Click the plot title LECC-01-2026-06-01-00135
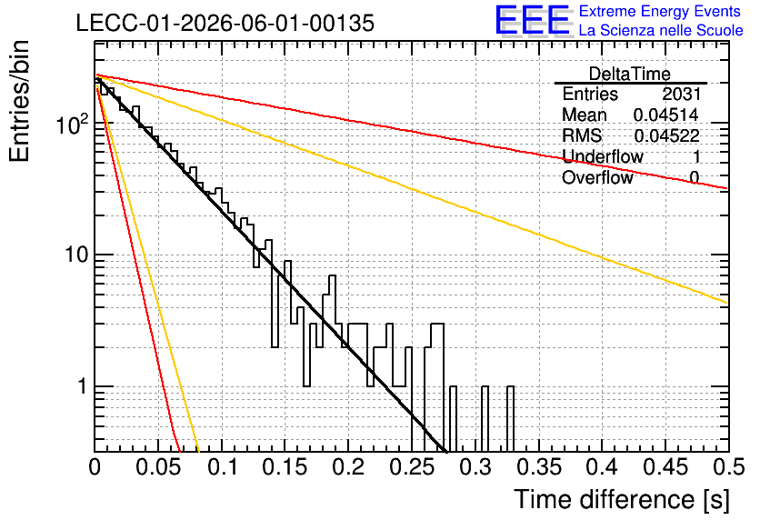coord(225,23)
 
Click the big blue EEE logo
coord(533,20)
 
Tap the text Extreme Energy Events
coord(660,11)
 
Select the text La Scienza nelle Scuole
coord(661,30)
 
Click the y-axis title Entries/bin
coord(20,101)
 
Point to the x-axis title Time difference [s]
coord(622,499)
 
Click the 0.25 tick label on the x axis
coord(412,467)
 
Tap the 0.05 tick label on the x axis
coord(158,467)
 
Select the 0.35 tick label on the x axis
coord(539,467)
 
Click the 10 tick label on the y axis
coord(76,254)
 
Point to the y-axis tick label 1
coord(82,386)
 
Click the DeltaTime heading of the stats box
coord(629,74)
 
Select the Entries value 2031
coord(681,94)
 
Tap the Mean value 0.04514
coord(665,115)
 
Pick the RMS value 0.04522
coord(666,135)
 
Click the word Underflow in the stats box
coord(602,156)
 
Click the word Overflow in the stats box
coord(597,177)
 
